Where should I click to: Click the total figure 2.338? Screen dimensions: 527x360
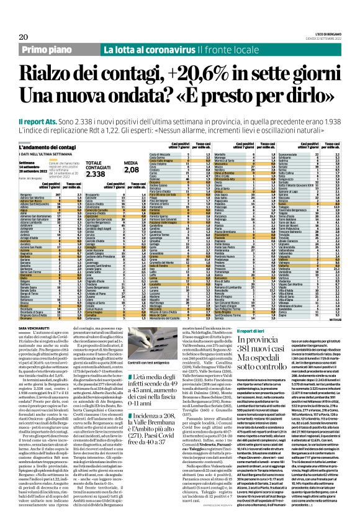tap(95, 174)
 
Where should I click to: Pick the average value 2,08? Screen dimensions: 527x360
tap(132, 178)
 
